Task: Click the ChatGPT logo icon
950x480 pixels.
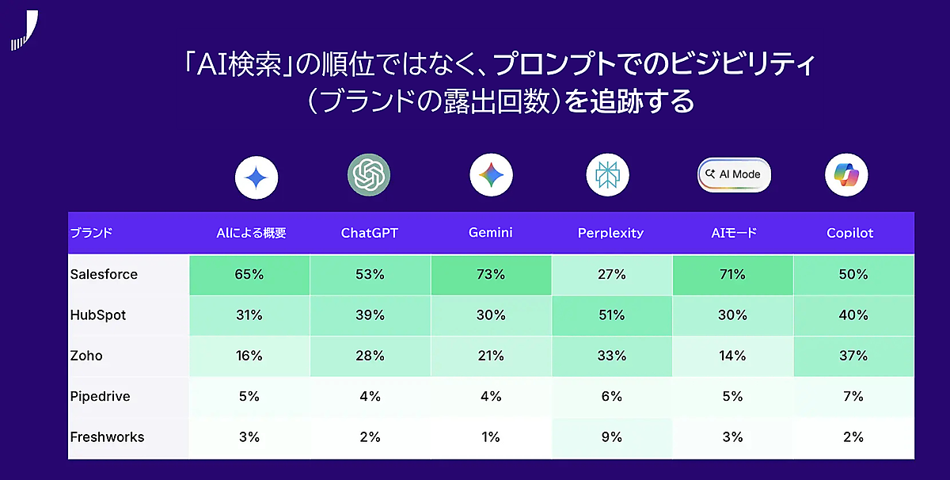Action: [369, 175]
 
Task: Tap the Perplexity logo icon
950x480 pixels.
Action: [607, 175]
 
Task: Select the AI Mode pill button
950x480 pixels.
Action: [734, 174]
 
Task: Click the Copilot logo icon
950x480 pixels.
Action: [846, 175]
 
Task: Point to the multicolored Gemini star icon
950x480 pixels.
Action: [491, 175]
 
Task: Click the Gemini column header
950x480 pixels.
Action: [490, 233]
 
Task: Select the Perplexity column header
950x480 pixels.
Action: [610, 233]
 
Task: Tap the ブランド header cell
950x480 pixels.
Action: [91, 233]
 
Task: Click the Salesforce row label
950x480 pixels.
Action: [104, 274]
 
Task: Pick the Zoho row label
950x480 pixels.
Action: [86, 356]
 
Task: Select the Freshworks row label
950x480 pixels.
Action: [107, 436]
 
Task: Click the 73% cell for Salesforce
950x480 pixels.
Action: [491, 275]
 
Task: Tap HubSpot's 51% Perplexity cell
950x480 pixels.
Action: [612, 315]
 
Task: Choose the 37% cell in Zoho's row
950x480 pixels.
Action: [853, 356]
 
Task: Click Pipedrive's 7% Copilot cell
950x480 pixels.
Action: [853, 396]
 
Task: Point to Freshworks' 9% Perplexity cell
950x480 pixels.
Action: [612, 437]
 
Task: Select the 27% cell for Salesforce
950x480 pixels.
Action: [612, 275]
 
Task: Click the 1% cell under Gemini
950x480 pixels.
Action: [491, 437]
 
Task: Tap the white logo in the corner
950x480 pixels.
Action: [25, 30]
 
